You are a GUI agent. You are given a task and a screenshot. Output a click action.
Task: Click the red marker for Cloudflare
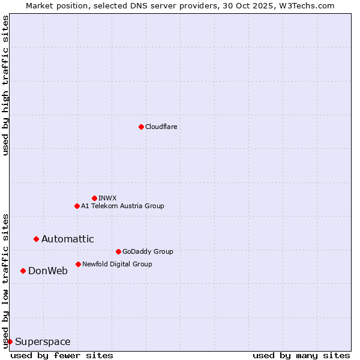pyautogui.click(x=141, y=127)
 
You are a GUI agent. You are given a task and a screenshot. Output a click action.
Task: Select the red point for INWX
pyautogui.click(x=94, y=198)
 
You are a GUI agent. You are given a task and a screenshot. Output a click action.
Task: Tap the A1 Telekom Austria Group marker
pyautogui.click(x=77, y=206)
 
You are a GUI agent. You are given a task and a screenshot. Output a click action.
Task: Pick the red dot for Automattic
pyautogui.click(x=36, y=239)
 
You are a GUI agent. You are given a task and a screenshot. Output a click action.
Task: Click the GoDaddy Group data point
pyautogui.click(x=118, y=251)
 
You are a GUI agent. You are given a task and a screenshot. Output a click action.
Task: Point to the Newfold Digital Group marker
pyautogui.click(x=78, y=264)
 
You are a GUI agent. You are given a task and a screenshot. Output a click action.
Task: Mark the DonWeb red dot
pyautogui.click(x=23, y=271)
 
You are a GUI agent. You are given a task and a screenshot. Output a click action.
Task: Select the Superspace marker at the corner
pyautogui.click(x=10, y=341)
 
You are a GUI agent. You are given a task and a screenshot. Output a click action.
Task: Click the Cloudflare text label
pyautogui.click(x=161, y=127)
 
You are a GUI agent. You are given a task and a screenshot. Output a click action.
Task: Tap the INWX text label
pyautogui.click(x=107, y=198)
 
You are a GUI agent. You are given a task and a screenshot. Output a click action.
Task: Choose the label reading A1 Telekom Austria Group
pyautogui.click(x=122, y=206)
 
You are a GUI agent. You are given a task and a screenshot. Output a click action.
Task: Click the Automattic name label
pyautogui.click(x=67, y=239)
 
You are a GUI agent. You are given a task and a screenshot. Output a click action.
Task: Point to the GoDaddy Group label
pyautogui.click(x=148, y=251)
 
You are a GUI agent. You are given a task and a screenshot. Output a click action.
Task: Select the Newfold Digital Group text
pyautogui.click(x=117, y=264)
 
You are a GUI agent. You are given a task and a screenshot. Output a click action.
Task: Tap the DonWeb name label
pyautogui.click(x=47, y=271)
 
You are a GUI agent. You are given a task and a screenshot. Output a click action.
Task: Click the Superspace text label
pyautogui.click(x=43, y=342)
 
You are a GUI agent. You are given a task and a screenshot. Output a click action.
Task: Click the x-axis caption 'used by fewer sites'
pyautogui.click(x=62, y=355)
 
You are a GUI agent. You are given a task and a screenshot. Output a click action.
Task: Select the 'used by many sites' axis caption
pyautogui.click(x=301, y=355)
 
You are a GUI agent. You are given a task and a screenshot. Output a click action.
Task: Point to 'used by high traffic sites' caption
pyautogui.click(x=5, y=85)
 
